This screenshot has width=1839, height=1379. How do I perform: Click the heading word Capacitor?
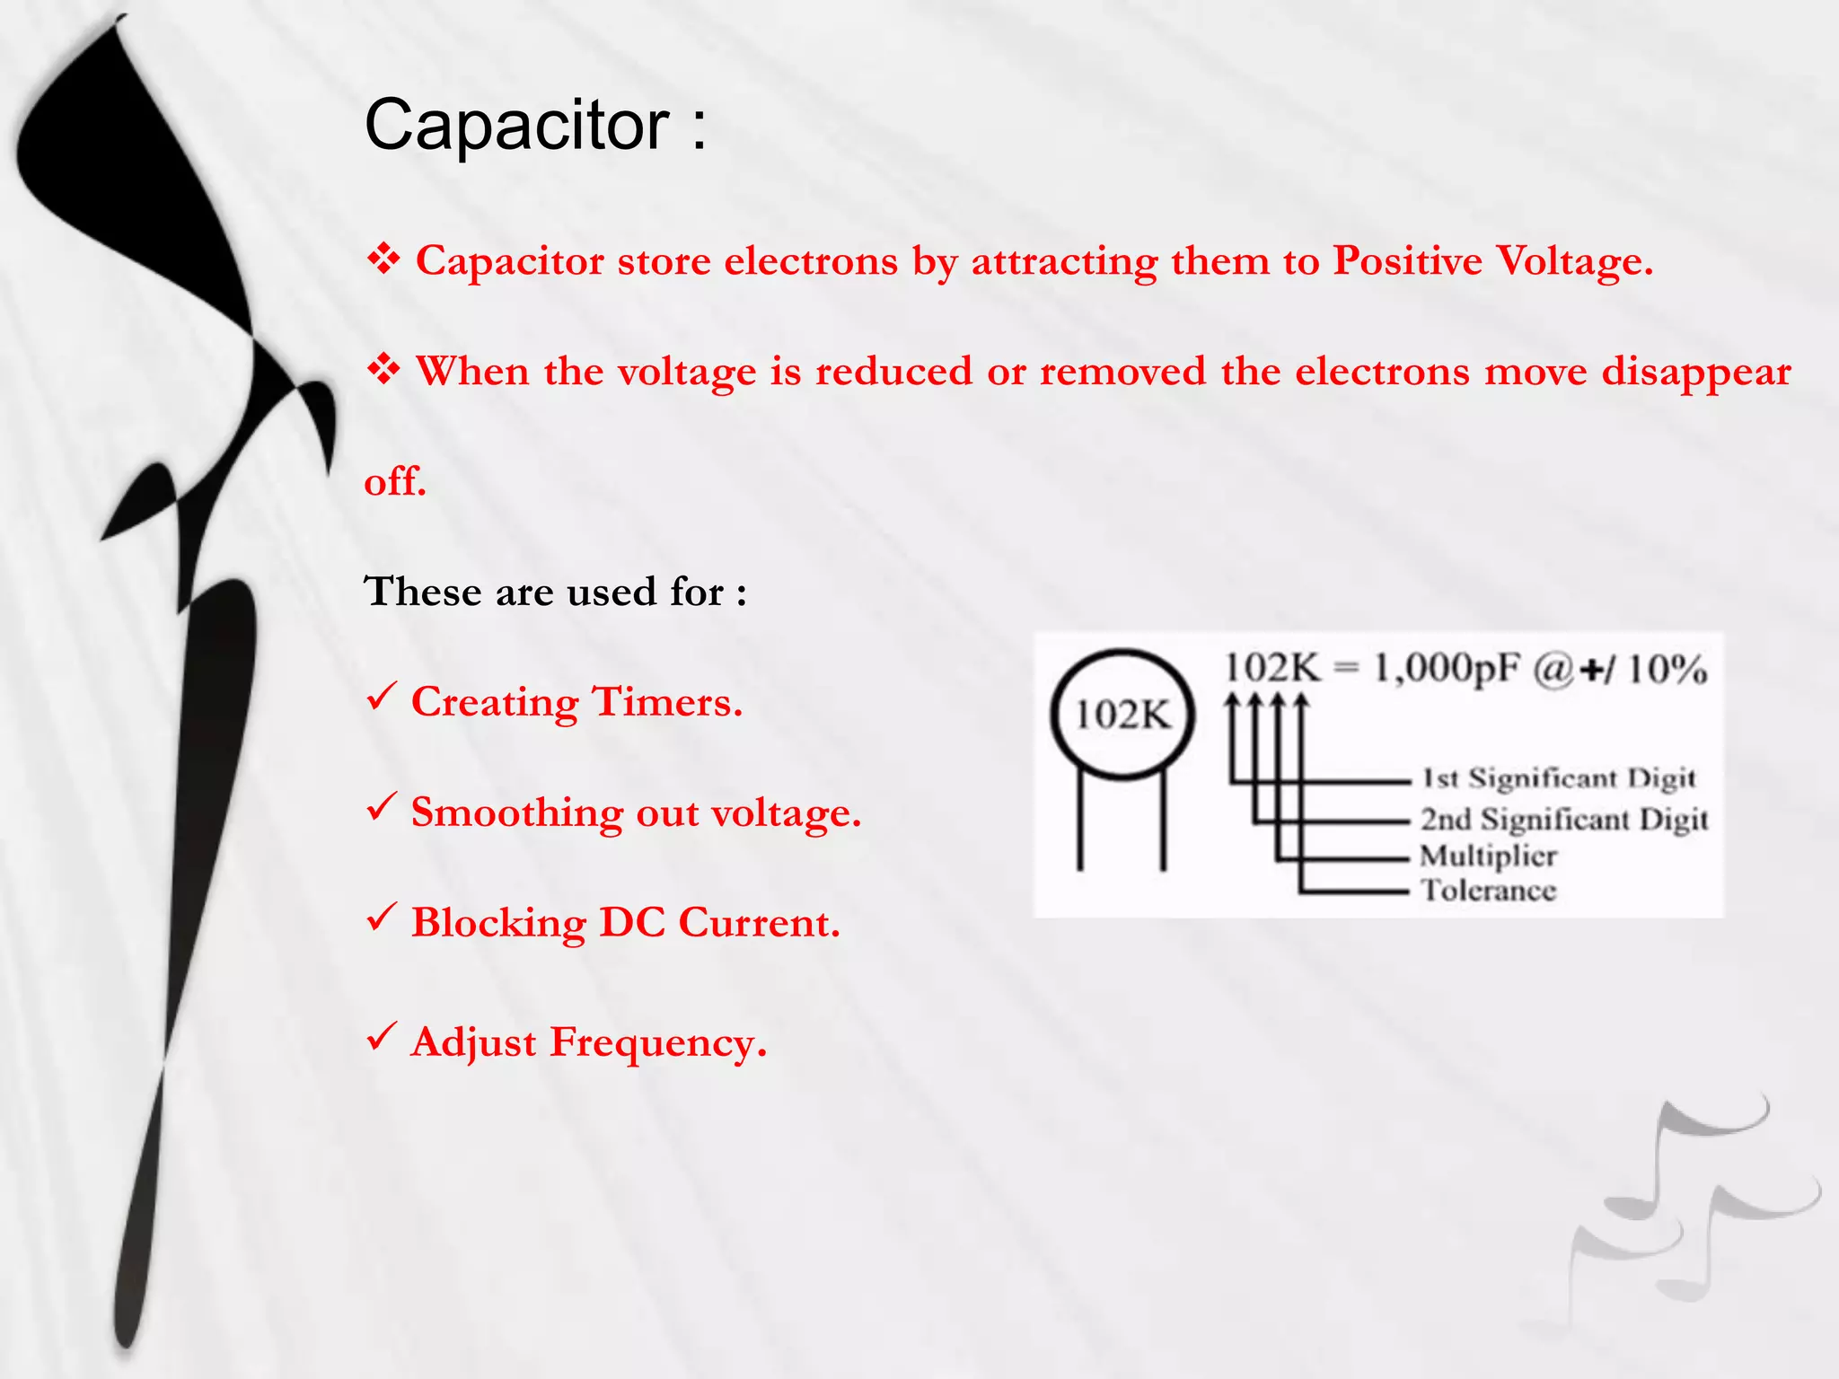[517, 125]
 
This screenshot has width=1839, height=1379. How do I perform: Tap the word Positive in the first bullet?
[1406, 261]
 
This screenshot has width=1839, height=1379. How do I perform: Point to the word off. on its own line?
[394, 482]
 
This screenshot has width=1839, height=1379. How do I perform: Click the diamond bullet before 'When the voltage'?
[383, 369]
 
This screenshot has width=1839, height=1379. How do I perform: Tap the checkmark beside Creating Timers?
[382, 697]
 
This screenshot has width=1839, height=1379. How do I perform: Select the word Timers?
[667, 702]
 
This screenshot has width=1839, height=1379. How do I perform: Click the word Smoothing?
[516, 813]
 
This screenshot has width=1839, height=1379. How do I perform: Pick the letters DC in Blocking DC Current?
[632, 923]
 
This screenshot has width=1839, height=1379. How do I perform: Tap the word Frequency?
[658, 1043]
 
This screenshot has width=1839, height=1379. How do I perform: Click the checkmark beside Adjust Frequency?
[382, 1037]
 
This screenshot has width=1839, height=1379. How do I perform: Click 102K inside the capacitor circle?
[1122, 716]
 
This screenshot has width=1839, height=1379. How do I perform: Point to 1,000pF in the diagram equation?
[1447, 669]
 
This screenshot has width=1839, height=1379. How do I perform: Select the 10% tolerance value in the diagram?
[1667, 670]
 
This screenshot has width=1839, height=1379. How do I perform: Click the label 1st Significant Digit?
[1558, 778]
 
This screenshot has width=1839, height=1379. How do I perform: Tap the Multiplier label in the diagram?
[1488, 856]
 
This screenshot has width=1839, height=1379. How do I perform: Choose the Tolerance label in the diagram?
[1488, 891]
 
